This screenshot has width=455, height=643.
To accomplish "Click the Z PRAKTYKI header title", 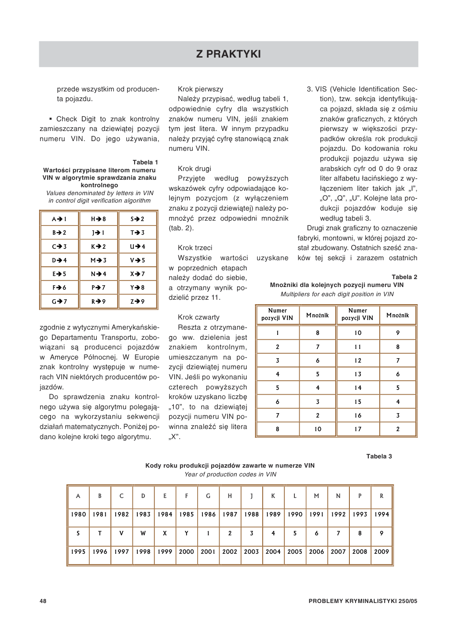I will (x=228, y=54).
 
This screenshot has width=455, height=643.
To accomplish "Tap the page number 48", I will (x=43, y=601).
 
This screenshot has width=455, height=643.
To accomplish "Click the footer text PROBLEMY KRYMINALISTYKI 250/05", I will (x=363, y=601).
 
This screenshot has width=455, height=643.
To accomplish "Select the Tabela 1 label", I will (x=145, y=162).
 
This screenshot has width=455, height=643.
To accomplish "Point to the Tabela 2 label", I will (x=404, y=277).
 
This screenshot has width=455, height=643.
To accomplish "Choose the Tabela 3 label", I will (x=379, y=456).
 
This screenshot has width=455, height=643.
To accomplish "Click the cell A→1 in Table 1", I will (x=59, y=219).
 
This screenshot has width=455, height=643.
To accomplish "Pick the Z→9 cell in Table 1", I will (x=137, y=302).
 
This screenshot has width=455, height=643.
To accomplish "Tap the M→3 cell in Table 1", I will (x=99, y=260).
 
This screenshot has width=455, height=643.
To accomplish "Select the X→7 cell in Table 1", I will (x=137, y=274).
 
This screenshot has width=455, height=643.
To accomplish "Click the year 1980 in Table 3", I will (x=78, y=514).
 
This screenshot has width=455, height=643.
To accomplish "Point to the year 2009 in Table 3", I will (x=382, y=552).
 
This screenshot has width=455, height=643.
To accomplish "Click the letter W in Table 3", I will (x=143, y=533).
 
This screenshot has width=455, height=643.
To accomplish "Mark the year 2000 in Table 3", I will (x=187, y=552).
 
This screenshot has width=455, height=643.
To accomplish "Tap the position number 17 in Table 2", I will (x=358, y=429).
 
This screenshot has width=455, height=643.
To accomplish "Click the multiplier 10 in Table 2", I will (x=318, y=429).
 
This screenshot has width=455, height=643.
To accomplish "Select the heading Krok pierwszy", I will (x=200, y=89).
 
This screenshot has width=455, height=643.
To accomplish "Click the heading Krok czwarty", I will (x=198, y=317).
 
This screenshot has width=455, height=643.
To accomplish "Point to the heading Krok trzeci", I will (x=195, y=248).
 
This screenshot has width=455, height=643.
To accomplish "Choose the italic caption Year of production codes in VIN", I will (x=230, y=474).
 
